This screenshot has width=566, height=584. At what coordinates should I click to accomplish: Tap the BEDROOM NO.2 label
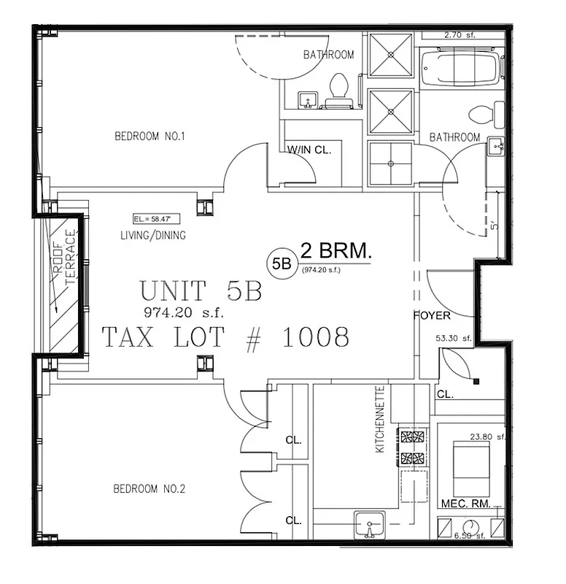(150, 488)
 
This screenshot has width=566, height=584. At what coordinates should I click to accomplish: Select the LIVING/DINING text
(153, 235)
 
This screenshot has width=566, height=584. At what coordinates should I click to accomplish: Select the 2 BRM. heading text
(336, 252)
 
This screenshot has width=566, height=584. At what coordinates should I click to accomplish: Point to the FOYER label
(433, 317)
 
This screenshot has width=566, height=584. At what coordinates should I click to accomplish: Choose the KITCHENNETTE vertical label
(379, 419)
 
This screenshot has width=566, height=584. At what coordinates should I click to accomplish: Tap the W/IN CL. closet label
(309, 150)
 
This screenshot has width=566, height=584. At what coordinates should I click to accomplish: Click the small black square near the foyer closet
(476, 380)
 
